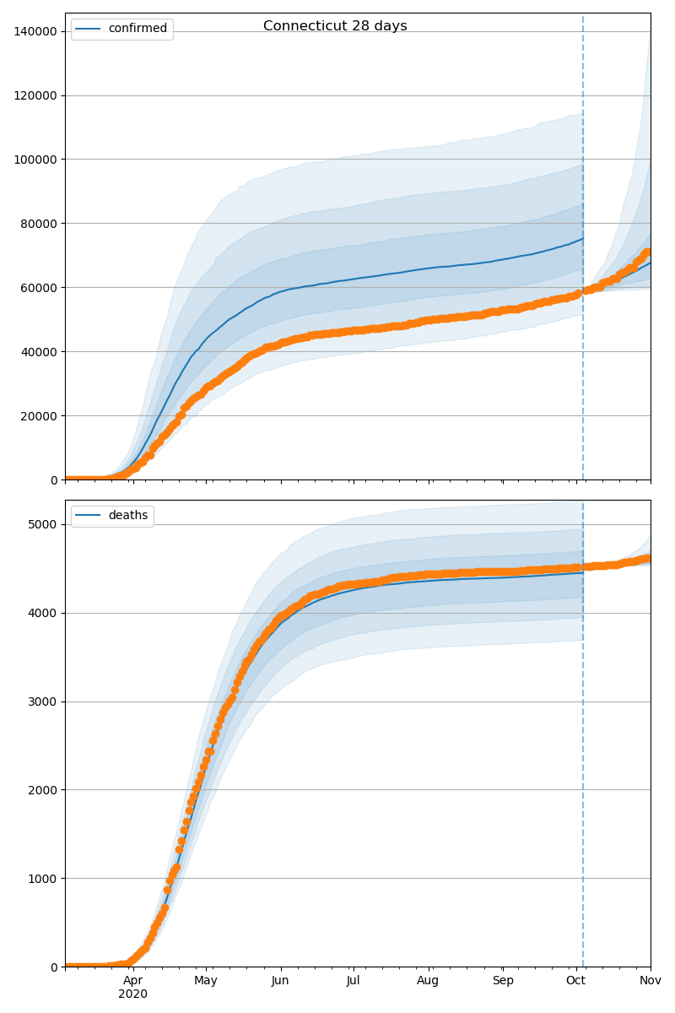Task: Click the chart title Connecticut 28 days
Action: (x=335, y=26)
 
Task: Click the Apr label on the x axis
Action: (x=133, y=981)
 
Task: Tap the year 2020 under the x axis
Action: (x=133, y=994)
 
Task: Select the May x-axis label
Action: (x=206, y=981)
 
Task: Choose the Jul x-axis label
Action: (x=354, y=981)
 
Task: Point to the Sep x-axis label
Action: (x=503, y=981)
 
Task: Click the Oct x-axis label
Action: (x=576, y=981)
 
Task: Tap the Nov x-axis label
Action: (x=650, y=981)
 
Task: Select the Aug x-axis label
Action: (x=429, y=981)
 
